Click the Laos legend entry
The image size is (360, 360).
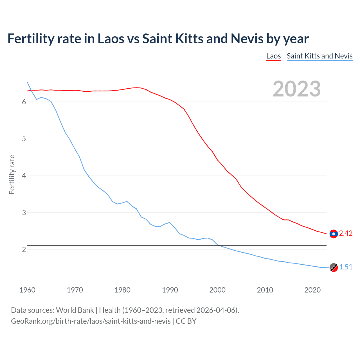[x=273, y=56]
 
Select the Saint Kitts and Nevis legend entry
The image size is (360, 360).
[x=319, y=56]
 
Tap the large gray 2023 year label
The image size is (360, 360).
[x=296, y=89]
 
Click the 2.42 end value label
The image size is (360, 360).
[x=346, y=233]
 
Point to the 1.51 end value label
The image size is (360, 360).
[x=346, y=267]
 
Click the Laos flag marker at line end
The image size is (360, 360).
[x=334, y=234]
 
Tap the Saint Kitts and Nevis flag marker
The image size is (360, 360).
[x=334, y=267]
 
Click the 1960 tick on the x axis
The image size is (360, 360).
[x=27, y=290]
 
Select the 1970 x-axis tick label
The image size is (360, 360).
[x=75, y=290]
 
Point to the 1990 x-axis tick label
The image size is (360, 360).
[x=170, y=290]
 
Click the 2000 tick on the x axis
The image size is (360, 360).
[x=217, y=290]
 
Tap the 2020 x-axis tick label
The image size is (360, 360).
[x=312, y=290]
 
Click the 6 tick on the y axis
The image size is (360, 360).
[x=24, y=102]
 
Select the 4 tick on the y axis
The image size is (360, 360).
[x=24, y=176]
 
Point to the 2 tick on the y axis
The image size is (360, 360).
[x=24, y=250]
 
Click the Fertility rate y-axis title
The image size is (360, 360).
[x=12, y=174]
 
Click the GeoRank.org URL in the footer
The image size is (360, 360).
[x=91, y=321]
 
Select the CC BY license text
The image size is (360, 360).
[x=186, y=321]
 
